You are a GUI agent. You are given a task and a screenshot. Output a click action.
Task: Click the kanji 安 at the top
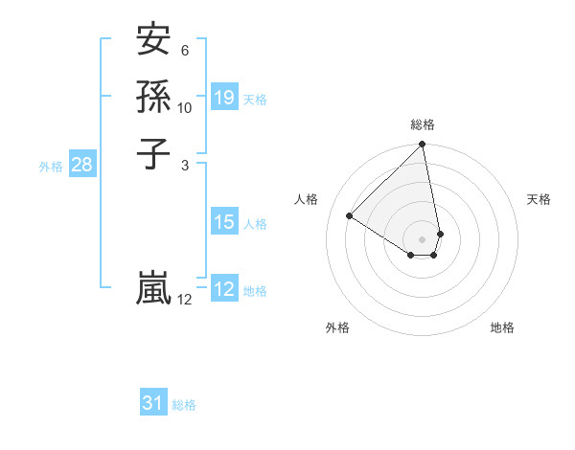coord(153,40)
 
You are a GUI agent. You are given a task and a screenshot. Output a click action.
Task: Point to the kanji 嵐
coord(153,288)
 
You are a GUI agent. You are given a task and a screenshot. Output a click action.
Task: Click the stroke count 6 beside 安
coord(185,51)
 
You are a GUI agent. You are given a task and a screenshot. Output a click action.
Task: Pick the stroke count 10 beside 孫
coord(185,108)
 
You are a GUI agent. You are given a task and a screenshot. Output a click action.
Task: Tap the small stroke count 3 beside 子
coord(185,165)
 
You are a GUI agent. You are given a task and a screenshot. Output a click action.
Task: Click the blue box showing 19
coord(224,97)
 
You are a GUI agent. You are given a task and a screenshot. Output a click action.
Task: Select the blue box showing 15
coord(224,222)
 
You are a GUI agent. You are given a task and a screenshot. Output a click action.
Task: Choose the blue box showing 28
coord(81,165)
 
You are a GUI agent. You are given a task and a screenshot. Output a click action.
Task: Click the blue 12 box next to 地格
coord(224,289)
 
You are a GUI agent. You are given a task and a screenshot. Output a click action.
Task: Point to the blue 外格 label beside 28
coord(51,166)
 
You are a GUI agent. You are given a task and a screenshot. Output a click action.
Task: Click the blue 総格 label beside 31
coord(184,405)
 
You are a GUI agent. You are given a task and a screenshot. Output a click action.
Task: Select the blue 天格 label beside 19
coord(255,99)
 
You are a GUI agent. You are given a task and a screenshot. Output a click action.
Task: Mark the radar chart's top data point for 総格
coord(423,146)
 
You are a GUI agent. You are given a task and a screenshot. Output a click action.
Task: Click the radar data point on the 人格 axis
coord(350,215)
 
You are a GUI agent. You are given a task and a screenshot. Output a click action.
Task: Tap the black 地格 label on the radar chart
coord(502,327)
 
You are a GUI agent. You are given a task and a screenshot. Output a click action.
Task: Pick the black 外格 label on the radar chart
coord(337,327)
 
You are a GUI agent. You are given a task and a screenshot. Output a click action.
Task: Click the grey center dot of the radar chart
coord(423,238)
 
